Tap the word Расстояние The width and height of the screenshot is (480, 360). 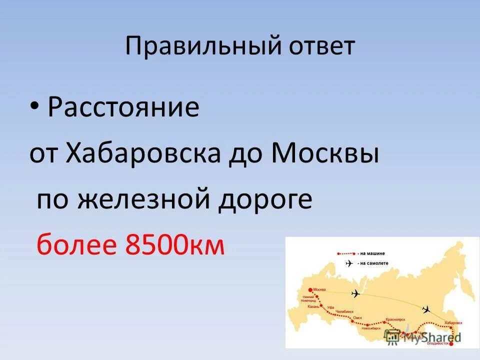point(123,108)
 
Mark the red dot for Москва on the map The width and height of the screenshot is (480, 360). point(310,289)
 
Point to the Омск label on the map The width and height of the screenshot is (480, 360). point(357,318)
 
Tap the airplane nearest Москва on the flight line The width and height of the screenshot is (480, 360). point(355,293)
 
